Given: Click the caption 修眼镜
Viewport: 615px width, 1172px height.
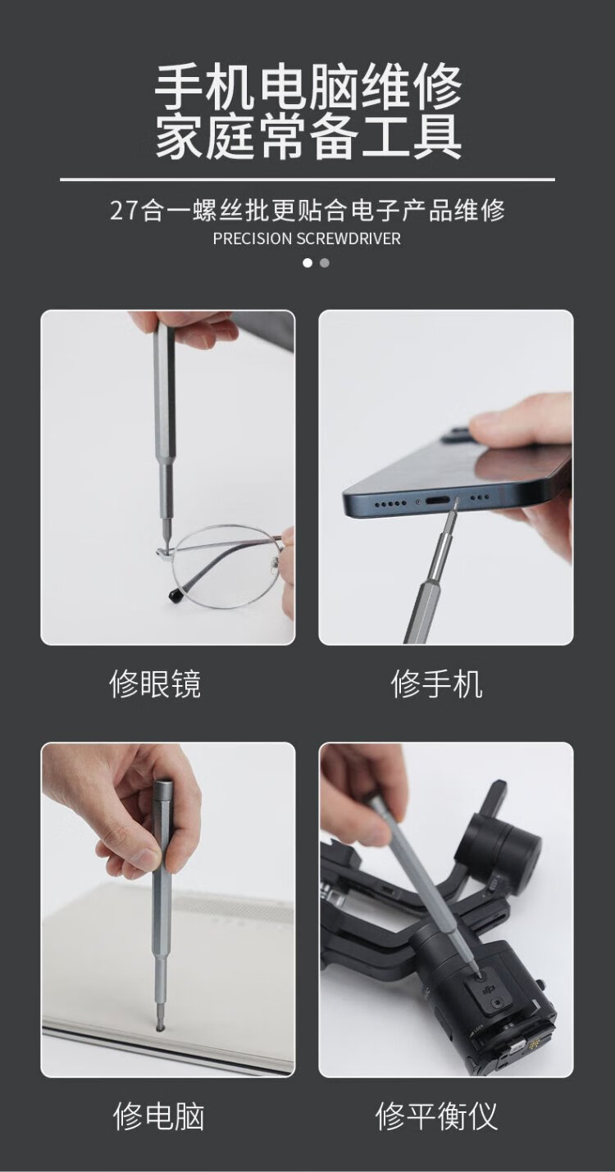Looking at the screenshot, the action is pyautogui.click(x=155, y=684).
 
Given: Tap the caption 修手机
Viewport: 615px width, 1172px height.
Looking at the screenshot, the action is pyautogui.click(x=436, y=684).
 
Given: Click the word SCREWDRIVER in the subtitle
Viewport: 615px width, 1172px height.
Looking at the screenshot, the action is pyautogui.click(x=349, y=238).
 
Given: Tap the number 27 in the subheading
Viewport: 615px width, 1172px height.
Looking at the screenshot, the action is pyautogui.click(x=124, y=211).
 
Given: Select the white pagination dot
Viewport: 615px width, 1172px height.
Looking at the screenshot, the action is pyautogui.click(x=307, y=262).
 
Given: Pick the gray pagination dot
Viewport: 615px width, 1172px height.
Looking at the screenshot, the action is pyautogui.click(x=325, y=262).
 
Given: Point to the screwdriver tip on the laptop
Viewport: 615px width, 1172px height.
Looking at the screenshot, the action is pyautogui.click(x=160, y=1026).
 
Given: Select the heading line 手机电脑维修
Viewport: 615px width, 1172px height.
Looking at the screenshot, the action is pyautogui.click(x=308, y=86).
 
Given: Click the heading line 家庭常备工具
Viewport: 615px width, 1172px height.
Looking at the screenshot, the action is pyautogui.click(x=308, y=136).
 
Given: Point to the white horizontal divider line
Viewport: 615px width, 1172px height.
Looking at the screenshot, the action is pyautogui.click(x=307, y=179).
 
